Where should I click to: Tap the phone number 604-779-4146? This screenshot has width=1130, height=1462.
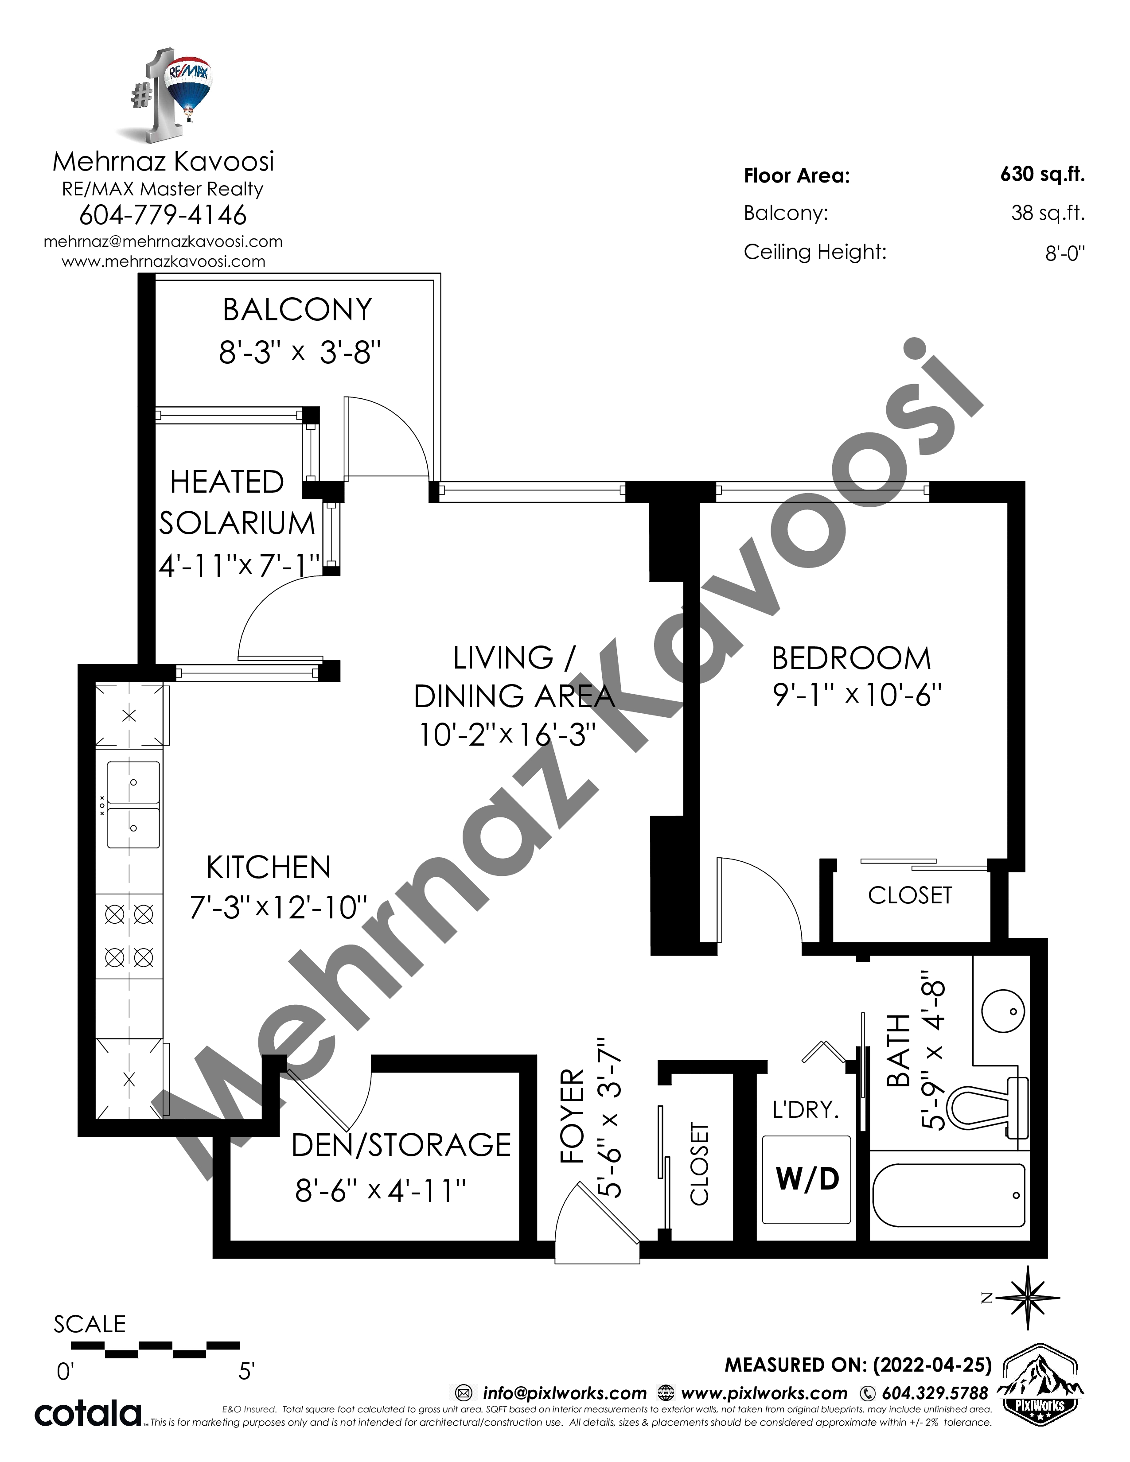coord(163,215)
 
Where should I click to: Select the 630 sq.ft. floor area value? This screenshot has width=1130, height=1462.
coord(1042,175)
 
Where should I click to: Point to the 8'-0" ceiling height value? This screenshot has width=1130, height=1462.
coord(1065,253)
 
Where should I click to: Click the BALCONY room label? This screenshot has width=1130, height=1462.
coord(297,309)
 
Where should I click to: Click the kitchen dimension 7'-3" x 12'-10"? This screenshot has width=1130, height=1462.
coord(278,908)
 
